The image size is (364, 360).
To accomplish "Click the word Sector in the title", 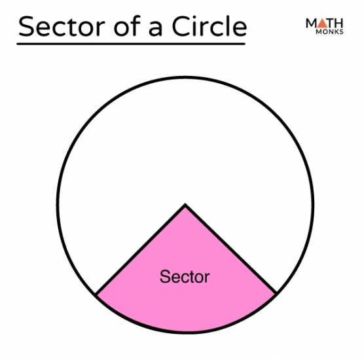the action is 62,26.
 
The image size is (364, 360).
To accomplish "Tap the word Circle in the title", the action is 209,26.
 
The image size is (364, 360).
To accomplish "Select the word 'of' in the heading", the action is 127,26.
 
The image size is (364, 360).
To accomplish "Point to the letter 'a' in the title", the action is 155,29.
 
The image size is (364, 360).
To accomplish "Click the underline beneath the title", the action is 131,44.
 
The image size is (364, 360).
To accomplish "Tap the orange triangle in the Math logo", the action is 323,24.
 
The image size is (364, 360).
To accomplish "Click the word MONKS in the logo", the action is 329,32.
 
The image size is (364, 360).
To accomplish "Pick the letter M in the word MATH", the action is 312,23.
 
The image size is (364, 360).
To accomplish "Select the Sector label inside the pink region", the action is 185,276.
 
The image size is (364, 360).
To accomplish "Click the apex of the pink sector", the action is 185,205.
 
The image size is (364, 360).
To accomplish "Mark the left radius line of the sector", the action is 140,250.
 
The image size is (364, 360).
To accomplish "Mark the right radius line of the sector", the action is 230,249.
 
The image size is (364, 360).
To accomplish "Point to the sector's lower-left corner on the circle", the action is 96,295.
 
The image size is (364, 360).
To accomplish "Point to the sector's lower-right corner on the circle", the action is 276,294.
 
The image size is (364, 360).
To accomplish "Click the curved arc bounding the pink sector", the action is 186,333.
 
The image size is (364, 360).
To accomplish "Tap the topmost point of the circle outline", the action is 185,77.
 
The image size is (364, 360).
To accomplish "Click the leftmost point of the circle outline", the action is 58,205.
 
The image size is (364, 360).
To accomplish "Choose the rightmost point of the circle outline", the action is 313,205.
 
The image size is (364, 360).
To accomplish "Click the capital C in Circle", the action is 181,26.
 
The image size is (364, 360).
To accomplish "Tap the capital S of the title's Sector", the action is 26,26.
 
